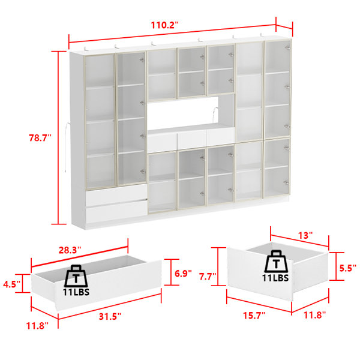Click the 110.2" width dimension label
(164, 25)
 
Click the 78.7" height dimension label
(40, 138)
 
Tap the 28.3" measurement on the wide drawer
(70, 250)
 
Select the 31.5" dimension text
(110, 316)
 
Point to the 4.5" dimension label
(12, 284)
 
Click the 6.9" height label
(183, 274)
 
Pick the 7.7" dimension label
(208, 277)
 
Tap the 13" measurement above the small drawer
(305, 235)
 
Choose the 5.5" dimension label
(348, 268)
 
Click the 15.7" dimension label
(254, 316)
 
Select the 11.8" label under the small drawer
(315, 315)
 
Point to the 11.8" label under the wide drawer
(37, 326)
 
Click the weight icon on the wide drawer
(76, 276)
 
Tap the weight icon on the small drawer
(276, 262)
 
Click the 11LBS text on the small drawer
(275, 278)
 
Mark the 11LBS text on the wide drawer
(76, 292)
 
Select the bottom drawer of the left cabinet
(116, 211)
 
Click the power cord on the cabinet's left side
(67, 148)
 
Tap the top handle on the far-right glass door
(287, 47)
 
